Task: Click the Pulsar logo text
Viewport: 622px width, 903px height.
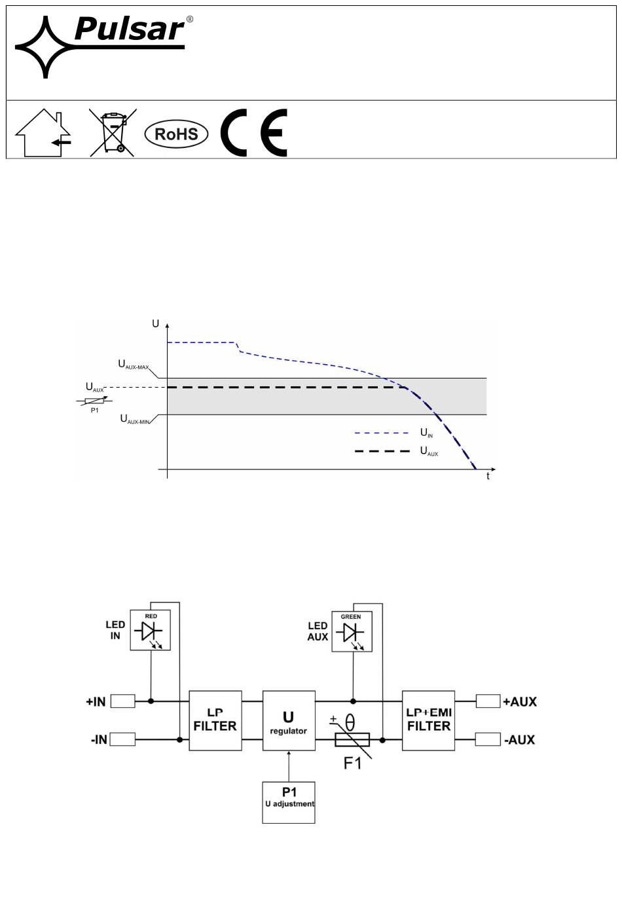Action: tap(130, 29)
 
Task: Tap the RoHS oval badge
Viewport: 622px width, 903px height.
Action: tap(176, 134)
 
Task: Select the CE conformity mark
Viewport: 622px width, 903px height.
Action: tap(253, 133)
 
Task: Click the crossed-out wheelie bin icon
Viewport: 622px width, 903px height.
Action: tap(113, 132)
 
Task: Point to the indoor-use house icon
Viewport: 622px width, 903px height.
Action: tap(43, 133)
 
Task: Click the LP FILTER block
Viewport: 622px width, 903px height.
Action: tap(215, 720)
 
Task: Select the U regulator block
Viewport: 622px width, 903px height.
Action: tap(289, 720)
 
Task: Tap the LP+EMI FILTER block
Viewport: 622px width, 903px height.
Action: tap(428, 720)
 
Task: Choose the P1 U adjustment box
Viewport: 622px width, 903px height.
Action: tap(289, 802)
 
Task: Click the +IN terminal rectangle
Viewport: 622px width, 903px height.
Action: tap(123, 701)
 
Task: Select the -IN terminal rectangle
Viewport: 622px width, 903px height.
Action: tap(122, 739)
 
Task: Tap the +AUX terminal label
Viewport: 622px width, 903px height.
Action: tap(520, 701)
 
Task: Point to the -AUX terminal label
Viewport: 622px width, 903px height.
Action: tap(519, 740)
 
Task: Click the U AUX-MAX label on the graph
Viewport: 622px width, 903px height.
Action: tap(134, 365)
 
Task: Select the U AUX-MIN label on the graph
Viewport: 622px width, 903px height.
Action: tap(135, 419)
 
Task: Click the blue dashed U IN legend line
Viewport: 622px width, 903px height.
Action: tap(382, 433)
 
